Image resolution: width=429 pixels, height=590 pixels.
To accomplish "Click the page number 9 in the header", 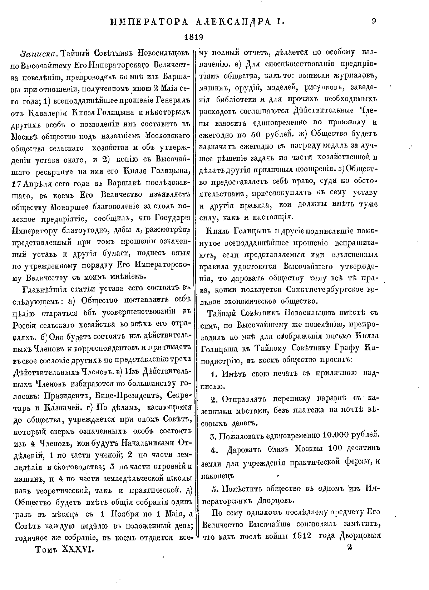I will click(374, 21).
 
